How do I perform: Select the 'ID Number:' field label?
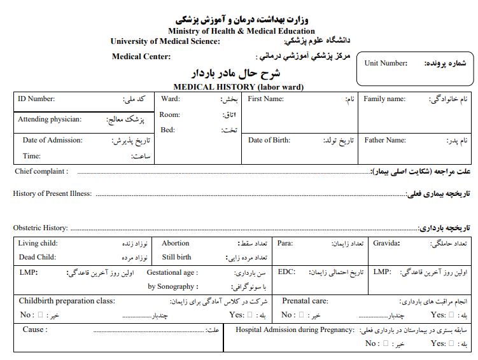(x=36, y=99)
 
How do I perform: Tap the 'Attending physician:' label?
(x=50, y=119)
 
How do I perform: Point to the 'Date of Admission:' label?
(x=52, y=140)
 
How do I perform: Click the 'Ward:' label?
(x=170, y=99)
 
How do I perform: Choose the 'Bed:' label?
(x=167, y=130)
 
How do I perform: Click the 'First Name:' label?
(x=265, y=99)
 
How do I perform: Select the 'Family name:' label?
(x=384, y=99)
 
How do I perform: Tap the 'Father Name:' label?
(x=385, y=140)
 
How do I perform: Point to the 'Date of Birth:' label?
(x=269, y=140)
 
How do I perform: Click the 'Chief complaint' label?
(x=40, y=171)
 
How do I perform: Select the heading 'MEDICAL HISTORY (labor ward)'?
(x=238, y=87)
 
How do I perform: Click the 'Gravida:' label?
(x=387, y=243)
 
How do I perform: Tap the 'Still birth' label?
(x=176, y=257)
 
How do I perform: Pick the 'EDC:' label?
(x=287, y=272)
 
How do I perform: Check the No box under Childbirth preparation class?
(x=41, y=315)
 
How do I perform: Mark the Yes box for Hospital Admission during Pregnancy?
(x=451, y=343)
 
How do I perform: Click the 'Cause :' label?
(x=35, y=329)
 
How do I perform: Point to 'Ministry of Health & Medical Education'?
(x=241, y=31)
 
